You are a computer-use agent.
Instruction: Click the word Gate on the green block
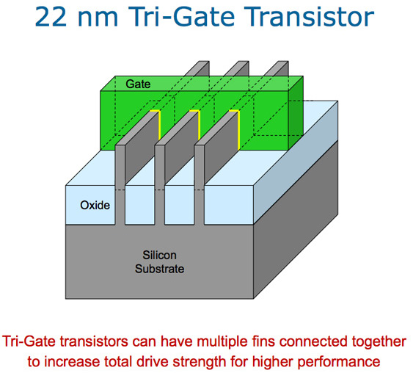138,84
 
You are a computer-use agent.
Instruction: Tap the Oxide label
95,206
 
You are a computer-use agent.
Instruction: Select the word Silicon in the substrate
160,256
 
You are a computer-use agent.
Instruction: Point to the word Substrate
160,269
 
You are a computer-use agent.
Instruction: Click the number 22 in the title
51,17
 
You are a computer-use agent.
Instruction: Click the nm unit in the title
98,19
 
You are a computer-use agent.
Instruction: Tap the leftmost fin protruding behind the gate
198,68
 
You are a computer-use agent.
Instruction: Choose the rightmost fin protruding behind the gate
277,68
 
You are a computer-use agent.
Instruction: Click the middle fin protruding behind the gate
238,68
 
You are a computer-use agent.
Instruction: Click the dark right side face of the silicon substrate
296,220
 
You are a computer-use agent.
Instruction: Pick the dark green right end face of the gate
296,113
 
